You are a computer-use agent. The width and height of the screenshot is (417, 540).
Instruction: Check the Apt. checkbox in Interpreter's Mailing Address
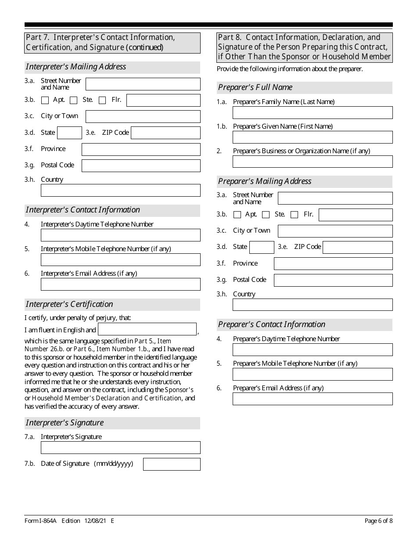[x=45, y=100]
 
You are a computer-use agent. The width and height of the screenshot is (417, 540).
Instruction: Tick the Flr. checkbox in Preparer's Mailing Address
[x=295, y=215]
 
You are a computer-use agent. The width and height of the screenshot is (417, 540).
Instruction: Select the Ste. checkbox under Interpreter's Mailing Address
[x=74, y=100]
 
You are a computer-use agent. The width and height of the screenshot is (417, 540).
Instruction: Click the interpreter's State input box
[x=70, y=133]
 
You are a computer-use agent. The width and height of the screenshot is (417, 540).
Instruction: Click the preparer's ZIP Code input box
[x=358, y=247]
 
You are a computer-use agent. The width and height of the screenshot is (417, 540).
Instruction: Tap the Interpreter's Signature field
[x=121, y=447]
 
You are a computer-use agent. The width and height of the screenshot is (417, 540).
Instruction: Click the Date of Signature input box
[x=172, y=464]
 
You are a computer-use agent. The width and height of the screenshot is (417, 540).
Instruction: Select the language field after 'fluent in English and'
[x=147, y=329]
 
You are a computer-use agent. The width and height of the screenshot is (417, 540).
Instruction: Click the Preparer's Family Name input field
[x=313, y=113]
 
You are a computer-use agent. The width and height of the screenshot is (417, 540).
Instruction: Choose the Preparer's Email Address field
[x=313, y=399]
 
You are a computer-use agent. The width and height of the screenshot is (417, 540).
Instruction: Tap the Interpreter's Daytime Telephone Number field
[x=121, y=235]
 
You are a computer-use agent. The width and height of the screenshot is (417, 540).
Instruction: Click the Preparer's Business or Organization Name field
[x=313, y=162]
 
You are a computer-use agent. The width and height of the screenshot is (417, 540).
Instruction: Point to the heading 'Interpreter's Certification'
[x=69, y=304]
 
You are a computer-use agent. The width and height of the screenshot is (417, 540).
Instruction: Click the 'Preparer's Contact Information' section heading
[x=272, y=324]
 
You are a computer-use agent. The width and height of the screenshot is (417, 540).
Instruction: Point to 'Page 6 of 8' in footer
[x=378, y=521]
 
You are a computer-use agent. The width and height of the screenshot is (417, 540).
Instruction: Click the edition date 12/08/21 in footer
[x=96, y=521]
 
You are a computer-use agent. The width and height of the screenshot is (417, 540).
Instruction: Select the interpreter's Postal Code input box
[x=141, y=166]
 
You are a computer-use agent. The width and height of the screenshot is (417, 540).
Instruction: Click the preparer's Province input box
[x=333, y=263]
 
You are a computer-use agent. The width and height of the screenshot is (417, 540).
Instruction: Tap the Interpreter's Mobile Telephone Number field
[x=121, y=259]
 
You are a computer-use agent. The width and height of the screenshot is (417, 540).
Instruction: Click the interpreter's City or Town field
[x=143, y=116]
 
